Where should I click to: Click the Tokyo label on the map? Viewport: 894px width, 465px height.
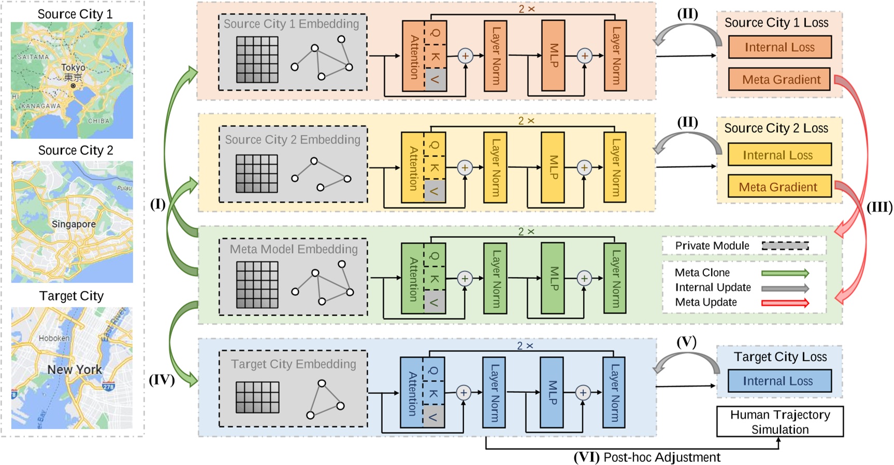pos(73,68)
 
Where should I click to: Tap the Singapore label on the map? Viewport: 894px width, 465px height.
pos(74,224)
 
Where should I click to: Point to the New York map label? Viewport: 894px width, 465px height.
pos(75,370)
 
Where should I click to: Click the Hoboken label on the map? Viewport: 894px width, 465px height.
pos(54,338)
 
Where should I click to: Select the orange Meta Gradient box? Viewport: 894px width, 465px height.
pos(780,79)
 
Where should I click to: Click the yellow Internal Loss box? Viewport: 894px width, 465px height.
pos(779,155)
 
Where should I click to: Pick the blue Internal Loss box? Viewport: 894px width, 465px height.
pos(779,381)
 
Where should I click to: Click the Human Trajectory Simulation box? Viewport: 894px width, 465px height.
pos(780,422)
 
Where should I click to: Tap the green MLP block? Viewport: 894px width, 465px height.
pos(553,278)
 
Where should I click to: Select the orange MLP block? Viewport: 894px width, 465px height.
pos(553,55)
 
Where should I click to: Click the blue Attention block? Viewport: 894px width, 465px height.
pos(411,392)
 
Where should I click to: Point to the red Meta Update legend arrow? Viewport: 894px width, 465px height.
pos(785,303)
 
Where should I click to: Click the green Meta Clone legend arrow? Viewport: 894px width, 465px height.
pos(785,273)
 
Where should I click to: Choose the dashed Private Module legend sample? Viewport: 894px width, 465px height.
pos(785,246)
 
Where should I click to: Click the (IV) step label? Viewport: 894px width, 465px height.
pos(161,380)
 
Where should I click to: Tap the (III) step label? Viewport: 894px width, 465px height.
pos(879,207)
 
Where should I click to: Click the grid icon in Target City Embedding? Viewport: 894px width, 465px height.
pos(257,397)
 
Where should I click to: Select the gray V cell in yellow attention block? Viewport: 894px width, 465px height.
pos(435,191)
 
